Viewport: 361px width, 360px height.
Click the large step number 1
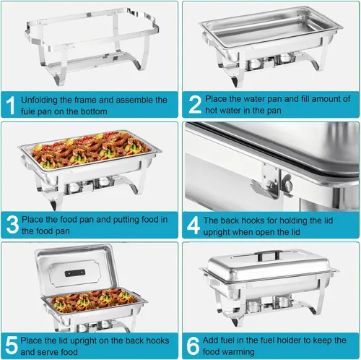(x=10, y=106)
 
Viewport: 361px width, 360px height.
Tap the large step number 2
(x=194, y=106)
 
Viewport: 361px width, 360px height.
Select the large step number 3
(x=12, y=225)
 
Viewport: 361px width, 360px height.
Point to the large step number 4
(x=193, y=225)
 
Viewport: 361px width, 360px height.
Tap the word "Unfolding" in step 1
(x=41, y=100)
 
